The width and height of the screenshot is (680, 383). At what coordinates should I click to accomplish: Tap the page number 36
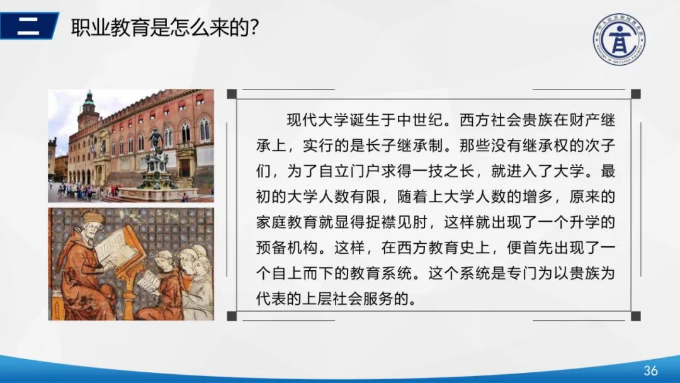[x=650, y=370]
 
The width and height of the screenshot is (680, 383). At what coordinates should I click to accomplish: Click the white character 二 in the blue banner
[x=28, y=26]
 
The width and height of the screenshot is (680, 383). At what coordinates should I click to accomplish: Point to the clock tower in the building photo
[x=88, y=110]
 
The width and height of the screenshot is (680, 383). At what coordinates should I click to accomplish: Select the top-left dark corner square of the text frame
[x=232, y=94]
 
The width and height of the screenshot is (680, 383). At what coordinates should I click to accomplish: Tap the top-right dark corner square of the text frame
[x=635, y=94]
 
